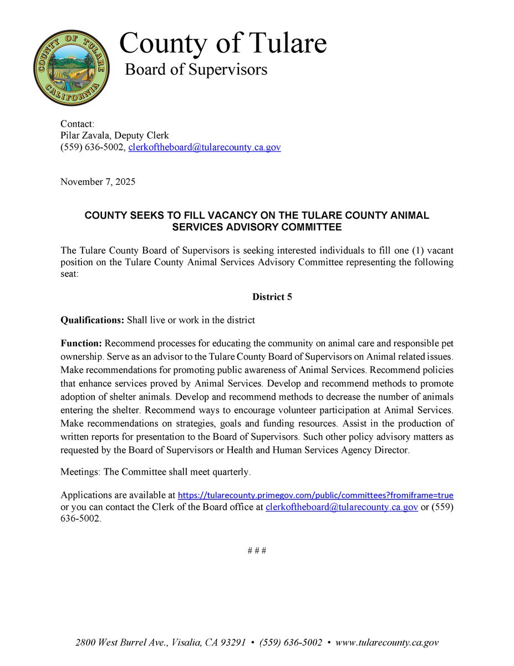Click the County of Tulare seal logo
tap(71, 68)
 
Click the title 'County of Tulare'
tap(223, 43)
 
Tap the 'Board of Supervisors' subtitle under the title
tap(196, 70)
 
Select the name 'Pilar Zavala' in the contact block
tap(85, 135)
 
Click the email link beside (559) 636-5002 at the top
tap(205, 148)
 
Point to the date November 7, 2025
tap(98, 182)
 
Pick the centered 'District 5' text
tap(272, 297)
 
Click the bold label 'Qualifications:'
tap(92, 320)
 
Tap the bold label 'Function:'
tap(81, 344)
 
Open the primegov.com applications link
tap(315, 495)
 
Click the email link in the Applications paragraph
tap(341, 507)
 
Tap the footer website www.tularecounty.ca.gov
tap(387, 643)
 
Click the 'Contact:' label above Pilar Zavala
tap(78, 123)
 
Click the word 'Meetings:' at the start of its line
tap(79, 472)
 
